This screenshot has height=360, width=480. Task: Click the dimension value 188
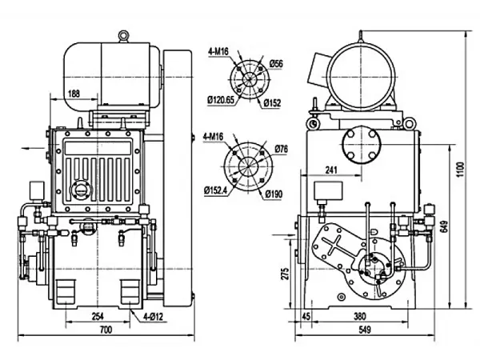(74, 94)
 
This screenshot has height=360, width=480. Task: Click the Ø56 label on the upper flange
(277, 63)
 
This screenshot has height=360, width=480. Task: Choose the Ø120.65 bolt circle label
(221, 100)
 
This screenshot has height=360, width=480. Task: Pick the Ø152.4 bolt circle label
(219, 190)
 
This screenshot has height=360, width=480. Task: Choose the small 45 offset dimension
(305, 315)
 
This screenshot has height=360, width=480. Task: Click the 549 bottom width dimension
(364, 330)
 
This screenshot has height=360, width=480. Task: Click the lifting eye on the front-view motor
(123, 35)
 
